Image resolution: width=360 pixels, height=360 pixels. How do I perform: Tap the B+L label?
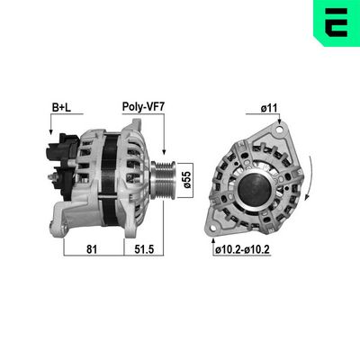[61, 108]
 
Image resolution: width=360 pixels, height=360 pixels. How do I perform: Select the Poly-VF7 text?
[142, 108]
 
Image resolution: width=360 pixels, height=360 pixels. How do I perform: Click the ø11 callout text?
[268, 108]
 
